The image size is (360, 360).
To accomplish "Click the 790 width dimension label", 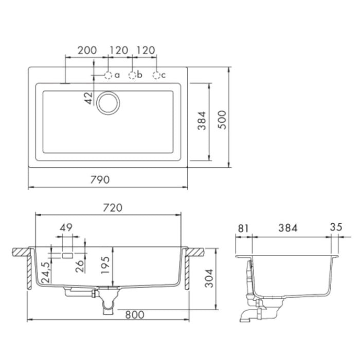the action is tap(100, 179).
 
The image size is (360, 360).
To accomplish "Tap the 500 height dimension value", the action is tap(222, 120).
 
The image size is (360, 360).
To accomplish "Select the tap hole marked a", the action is tap(108, 75).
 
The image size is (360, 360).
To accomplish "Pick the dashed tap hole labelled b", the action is tap(132, 75).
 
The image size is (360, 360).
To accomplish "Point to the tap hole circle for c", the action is tap(156, 75).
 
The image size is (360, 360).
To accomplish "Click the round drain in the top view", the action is tap(108, 103).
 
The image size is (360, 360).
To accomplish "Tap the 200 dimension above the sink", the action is tap(87, 50).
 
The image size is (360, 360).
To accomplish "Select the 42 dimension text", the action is tap(89, 98).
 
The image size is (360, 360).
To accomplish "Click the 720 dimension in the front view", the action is tap(113, 208).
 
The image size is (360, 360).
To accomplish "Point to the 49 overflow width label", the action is tap(66, 227).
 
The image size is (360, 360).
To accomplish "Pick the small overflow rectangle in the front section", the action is tap(67, 256).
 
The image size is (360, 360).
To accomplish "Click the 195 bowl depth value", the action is tap(105, 265).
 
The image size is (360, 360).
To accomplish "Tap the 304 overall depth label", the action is tap(209, 278).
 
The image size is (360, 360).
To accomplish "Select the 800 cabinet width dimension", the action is tap(135, 315).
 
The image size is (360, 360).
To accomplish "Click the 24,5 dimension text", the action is tap(46, 272).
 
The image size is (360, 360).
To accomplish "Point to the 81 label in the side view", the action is tap(243, 228).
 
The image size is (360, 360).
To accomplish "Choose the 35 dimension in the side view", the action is tap(336, 227).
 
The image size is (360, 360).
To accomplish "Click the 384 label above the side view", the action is tap(287, 228).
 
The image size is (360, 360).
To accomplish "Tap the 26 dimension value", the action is tap(80, 266).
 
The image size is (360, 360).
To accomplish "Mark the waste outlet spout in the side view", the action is tap(246, 316).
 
